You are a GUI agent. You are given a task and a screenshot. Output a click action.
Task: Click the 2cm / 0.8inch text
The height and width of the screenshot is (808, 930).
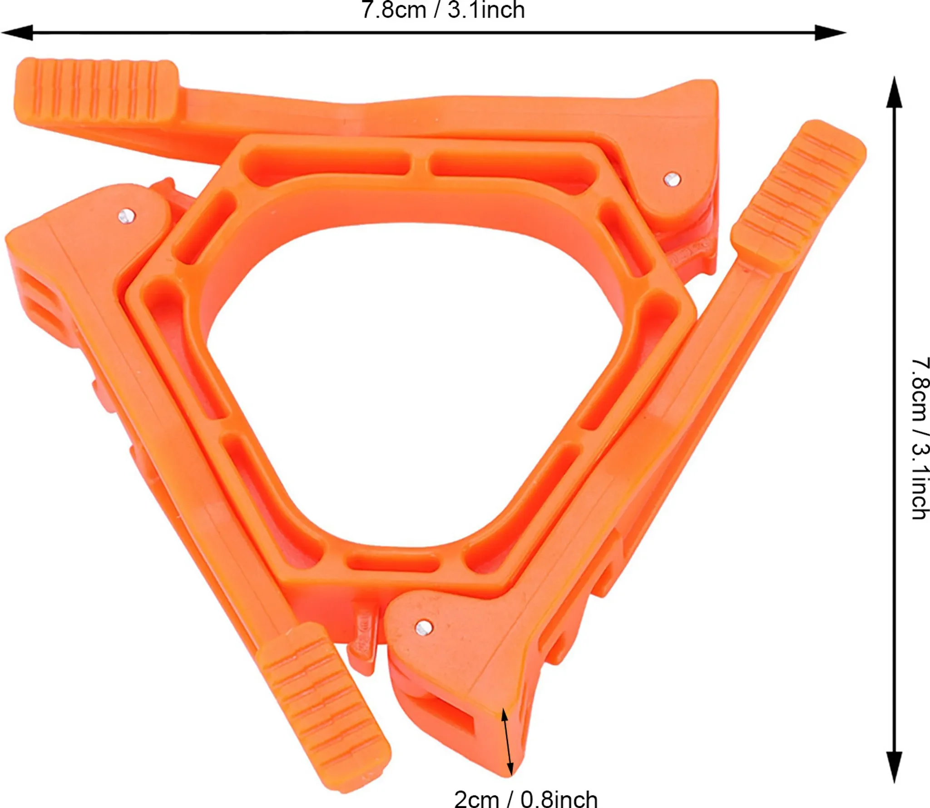[526, 798]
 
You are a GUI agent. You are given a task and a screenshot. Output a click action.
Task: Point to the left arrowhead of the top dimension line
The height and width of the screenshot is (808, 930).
[17, 33]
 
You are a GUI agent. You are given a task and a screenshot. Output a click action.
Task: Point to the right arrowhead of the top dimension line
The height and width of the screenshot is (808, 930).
[830, 33]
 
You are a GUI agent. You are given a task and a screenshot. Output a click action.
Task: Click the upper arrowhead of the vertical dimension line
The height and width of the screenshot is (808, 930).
[894, 92]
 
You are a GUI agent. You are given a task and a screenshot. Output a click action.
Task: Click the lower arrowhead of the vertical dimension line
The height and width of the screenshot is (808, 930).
[894, 767]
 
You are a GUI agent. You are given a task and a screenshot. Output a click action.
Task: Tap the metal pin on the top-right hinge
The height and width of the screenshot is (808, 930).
[672, 179]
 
